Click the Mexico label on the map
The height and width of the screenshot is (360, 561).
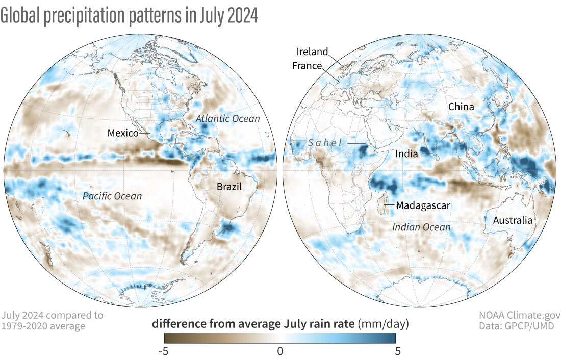(x=123, y=133)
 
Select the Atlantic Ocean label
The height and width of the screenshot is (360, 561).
(x=228, y=119)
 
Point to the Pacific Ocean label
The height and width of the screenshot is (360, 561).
(x=112, y=196)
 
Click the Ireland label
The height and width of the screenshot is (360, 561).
(x=312, y=52)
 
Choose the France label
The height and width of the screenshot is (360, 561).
(x=307, y=65)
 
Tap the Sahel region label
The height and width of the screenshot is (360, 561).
(x=324, y=143)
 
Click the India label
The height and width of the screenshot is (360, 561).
(x=407, y=153)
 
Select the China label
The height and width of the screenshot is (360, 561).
(x=461, y=107)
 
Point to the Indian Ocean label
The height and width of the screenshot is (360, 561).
(x=421, y=227)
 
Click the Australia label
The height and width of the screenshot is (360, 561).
(x=512, y=220)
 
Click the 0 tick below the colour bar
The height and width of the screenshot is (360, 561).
(x=280, y=351)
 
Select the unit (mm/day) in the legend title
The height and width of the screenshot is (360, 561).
(x=384, y=324)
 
